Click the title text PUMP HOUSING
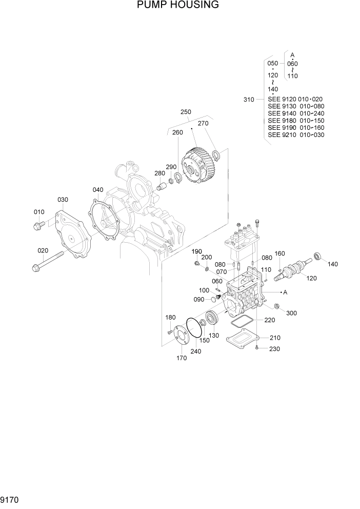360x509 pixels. pyautogui.click(x=178, y=6)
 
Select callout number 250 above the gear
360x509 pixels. pyautogui.click(x=186, y=112)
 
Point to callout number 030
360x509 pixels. pyautogui.click(x=63, y=200)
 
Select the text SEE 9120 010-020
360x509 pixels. pyautogui.click(x=295, y=99)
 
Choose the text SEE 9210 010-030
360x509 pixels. pyautogui.click(x=295, y=135)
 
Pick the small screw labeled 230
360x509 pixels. pyautogui.click(x=256, y=348)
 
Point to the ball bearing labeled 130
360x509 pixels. pyautogui.click(x=213, y=318)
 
